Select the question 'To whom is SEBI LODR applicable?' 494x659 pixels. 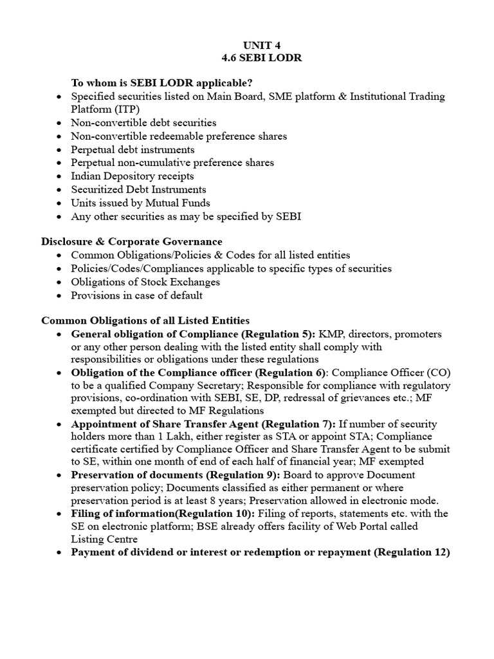click(x=161, y=83)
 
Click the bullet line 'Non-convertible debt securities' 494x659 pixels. click(x=143, y=122)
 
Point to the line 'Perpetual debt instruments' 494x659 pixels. click(x=133, y=149)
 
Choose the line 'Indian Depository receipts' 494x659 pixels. click(x=132, y=176)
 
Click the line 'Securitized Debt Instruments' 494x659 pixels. click(x=138, y=189)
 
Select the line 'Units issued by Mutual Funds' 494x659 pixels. click(x=140, y=203)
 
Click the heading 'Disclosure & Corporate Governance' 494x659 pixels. click(x=132, y=242)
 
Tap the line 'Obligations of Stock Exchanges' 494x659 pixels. click(x=145, y=282)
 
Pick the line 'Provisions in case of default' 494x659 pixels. click(x=136, y=295)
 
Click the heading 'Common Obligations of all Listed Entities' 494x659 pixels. click(x=145, y=320)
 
